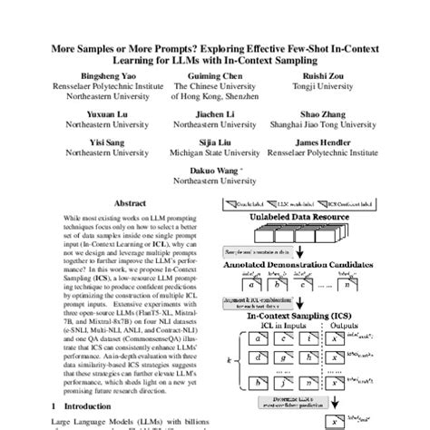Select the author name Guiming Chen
[x=215, y=79]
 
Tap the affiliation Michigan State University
[x=215, y=155]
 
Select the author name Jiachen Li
[x=215, y=116]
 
